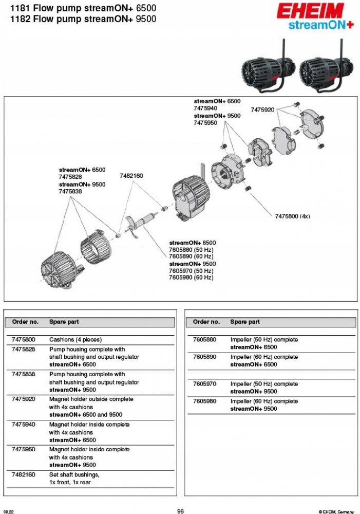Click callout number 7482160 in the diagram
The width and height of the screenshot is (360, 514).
tap(131, 176)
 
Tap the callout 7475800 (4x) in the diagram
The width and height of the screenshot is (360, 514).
tap(293, 216)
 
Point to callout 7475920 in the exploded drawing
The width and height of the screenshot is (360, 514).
tap(262, 110)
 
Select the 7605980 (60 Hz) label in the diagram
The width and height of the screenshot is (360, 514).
tap(191, 278)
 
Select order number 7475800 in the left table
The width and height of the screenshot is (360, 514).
tap(23, 340)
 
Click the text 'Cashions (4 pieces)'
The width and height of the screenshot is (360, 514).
tap(75, 340)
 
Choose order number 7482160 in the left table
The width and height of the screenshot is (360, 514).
tap(23, 474)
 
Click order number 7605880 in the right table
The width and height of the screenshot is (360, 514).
tap(204, 340)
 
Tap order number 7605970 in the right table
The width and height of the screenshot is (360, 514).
tap(204, 384)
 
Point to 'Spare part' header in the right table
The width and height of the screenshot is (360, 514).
tap(245, 322)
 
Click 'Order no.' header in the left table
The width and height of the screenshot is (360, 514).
tap(25, 322)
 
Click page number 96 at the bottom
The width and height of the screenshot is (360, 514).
tap(180, 511)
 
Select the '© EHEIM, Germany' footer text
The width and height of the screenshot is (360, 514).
tap(336, 511)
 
